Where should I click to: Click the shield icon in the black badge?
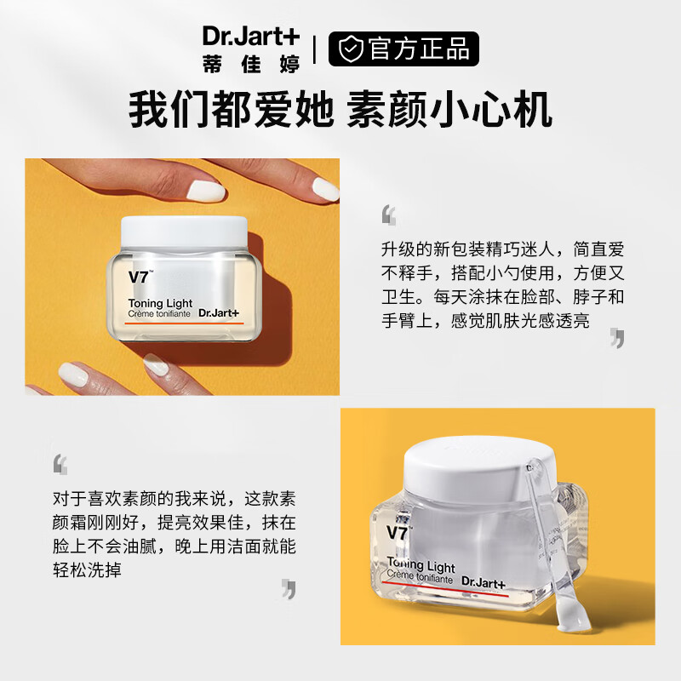350,49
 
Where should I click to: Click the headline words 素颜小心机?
449,110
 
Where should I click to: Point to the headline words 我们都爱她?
230,110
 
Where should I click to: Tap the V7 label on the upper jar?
139,276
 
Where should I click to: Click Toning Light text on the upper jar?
160,304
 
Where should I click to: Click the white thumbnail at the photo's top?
205,190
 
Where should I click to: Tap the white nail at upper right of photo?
323,188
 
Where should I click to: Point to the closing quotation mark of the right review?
617,338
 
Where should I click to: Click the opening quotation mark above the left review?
60,464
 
